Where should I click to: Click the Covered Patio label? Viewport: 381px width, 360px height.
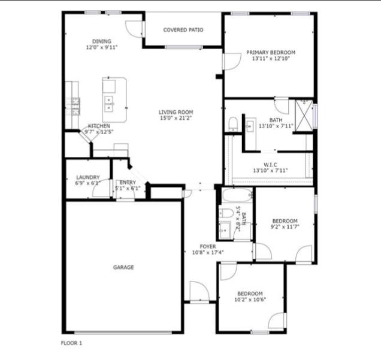pos(183,30)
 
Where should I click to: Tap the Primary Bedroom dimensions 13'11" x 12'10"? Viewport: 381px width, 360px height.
pos(271,59)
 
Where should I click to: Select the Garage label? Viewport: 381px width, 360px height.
pos(123,267)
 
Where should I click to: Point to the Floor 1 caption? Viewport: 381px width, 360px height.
pos(71,343)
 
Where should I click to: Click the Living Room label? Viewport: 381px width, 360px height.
pos(176,112)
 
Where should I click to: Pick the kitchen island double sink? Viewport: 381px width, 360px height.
pos(108,104)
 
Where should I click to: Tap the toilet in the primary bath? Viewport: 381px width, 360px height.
pos(233,124)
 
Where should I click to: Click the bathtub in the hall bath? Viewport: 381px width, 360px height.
pos(237,195)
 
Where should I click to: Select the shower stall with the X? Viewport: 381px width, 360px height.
pos(304,116)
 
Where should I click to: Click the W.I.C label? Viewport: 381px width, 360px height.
pos(270,165)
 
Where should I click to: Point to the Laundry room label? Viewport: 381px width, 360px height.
pos(88,177)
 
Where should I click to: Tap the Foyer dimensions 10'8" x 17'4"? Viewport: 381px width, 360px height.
pos(208,253)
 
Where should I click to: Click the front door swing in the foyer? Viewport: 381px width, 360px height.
pos(199,292)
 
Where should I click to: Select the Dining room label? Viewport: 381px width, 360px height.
pos(102,41)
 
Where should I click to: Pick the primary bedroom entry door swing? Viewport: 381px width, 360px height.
pos(232,62)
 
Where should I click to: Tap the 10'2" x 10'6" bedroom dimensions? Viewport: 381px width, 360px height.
pos(250,300)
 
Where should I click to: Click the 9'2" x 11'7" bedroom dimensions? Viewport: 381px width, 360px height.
pos(285,227)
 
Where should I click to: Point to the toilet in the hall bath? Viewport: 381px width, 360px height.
pos(226,213)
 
